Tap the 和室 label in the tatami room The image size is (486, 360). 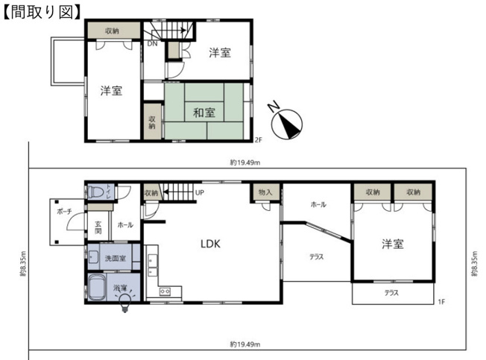[x=204, y=113]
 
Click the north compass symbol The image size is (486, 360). [x=285, y=123]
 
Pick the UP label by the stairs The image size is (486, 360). [x=200, y=192]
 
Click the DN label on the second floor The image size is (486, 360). [x=151, y=44]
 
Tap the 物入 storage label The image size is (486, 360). [x=265, y=192]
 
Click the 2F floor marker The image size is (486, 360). [x=259, y=139]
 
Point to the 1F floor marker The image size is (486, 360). [x=442, y=301]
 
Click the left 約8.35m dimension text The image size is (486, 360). [x=23, y=262]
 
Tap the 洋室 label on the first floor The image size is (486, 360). [x=394, y=244]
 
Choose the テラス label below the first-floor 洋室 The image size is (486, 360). [x=391, y=293]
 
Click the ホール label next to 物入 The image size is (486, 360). [x=318, y=203]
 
